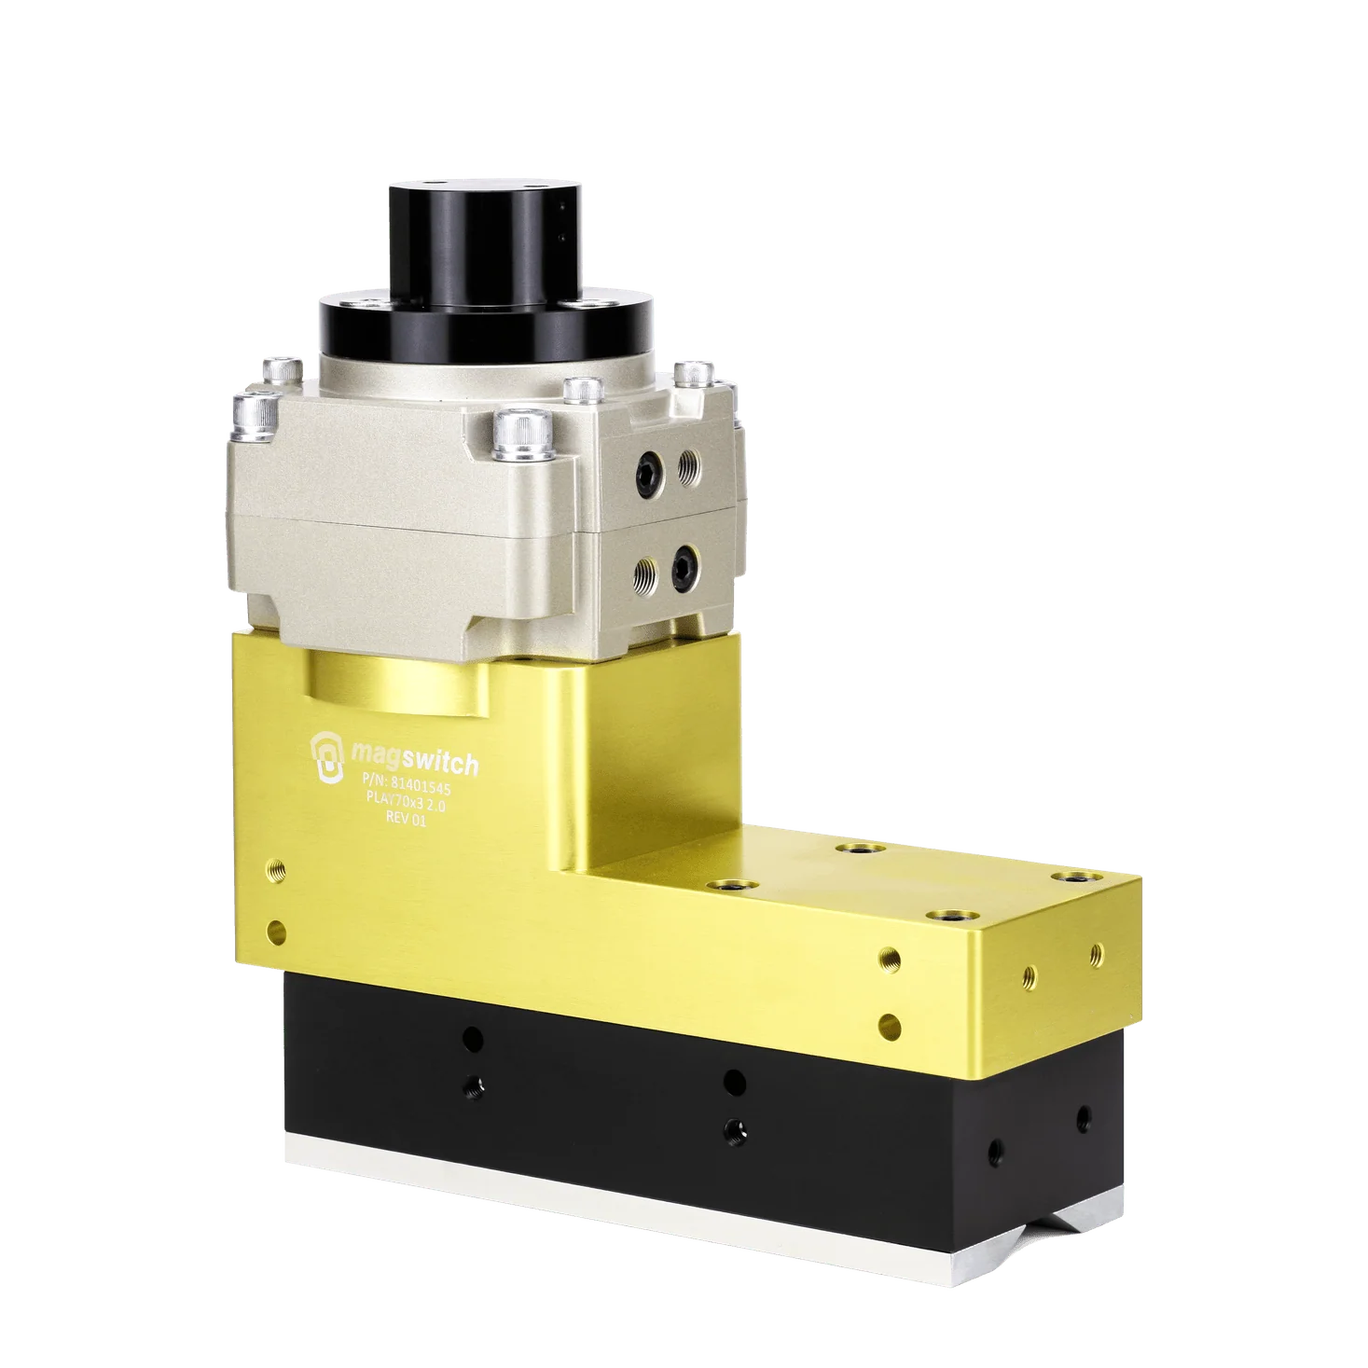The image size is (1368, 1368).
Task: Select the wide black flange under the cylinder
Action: coord(484,322)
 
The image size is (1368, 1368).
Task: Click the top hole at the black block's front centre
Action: coord(734,1082)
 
